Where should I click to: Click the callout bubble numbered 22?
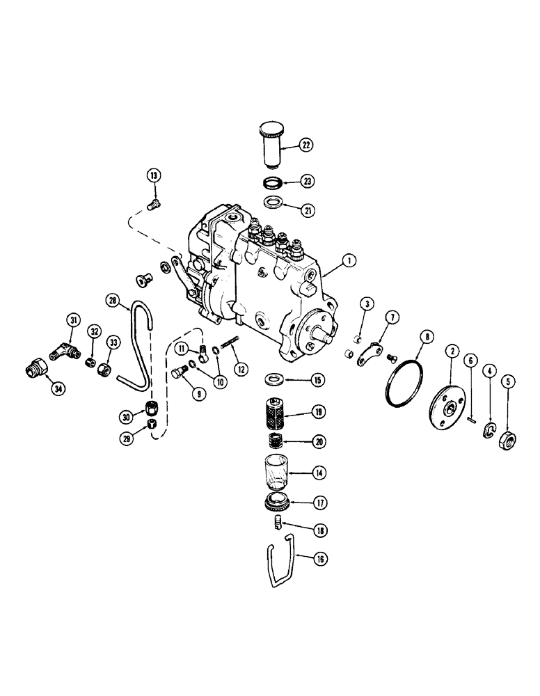click(306, 145)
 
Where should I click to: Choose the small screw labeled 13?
click(154, 203)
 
